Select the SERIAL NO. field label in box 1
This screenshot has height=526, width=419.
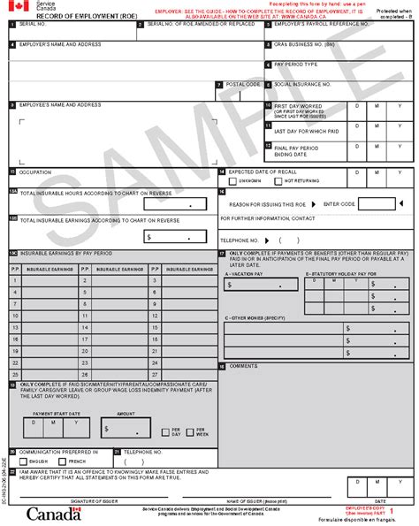click(x=28, y=25)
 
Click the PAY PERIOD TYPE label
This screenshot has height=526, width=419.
click(x=295, y=64)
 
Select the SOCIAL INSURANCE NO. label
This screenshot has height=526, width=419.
click(x=302, y=84)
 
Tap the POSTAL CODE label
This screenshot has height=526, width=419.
click(x=243, y=84)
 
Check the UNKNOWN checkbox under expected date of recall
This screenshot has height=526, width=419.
click(x=232, y=180)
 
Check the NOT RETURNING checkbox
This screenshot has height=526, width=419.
click(x=278, y=180)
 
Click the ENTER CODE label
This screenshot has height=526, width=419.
click(x=339, y=203)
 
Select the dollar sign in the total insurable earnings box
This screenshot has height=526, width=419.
click(x=150, y=237)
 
